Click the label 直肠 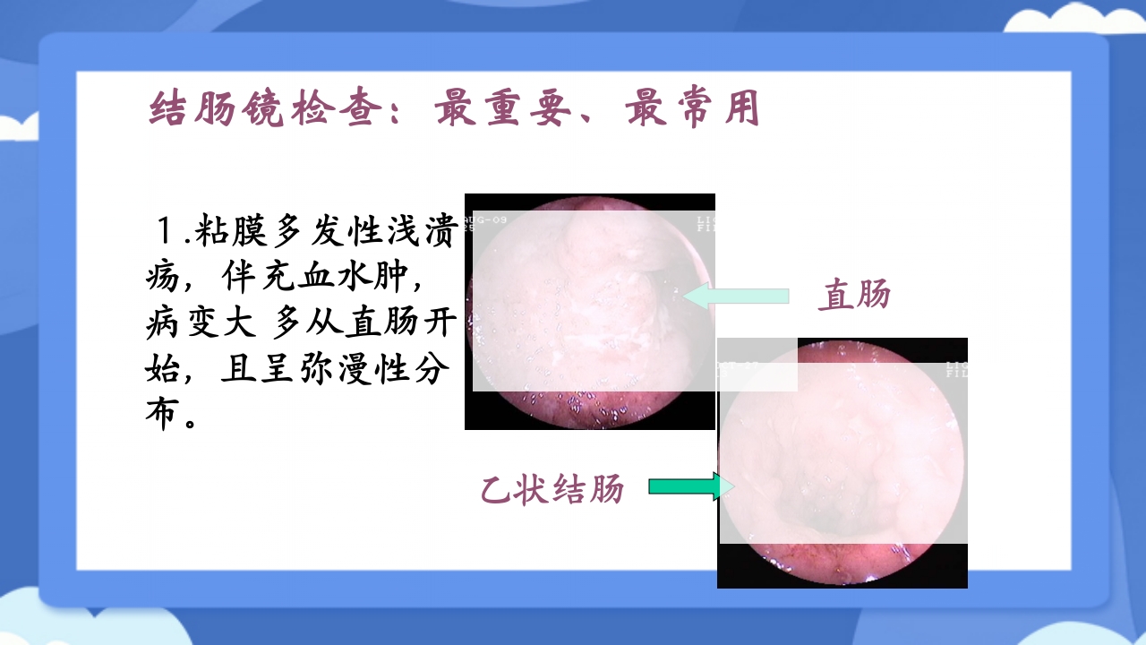854,295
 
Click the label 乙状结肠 552,489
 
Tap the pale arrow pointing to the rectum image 736,296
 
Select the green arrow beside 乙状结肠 684,486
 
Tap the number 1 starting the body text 165,232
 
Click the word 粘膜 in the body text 231,232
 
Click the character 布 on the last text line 161,417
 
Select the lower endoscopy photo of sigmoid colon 842,462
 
